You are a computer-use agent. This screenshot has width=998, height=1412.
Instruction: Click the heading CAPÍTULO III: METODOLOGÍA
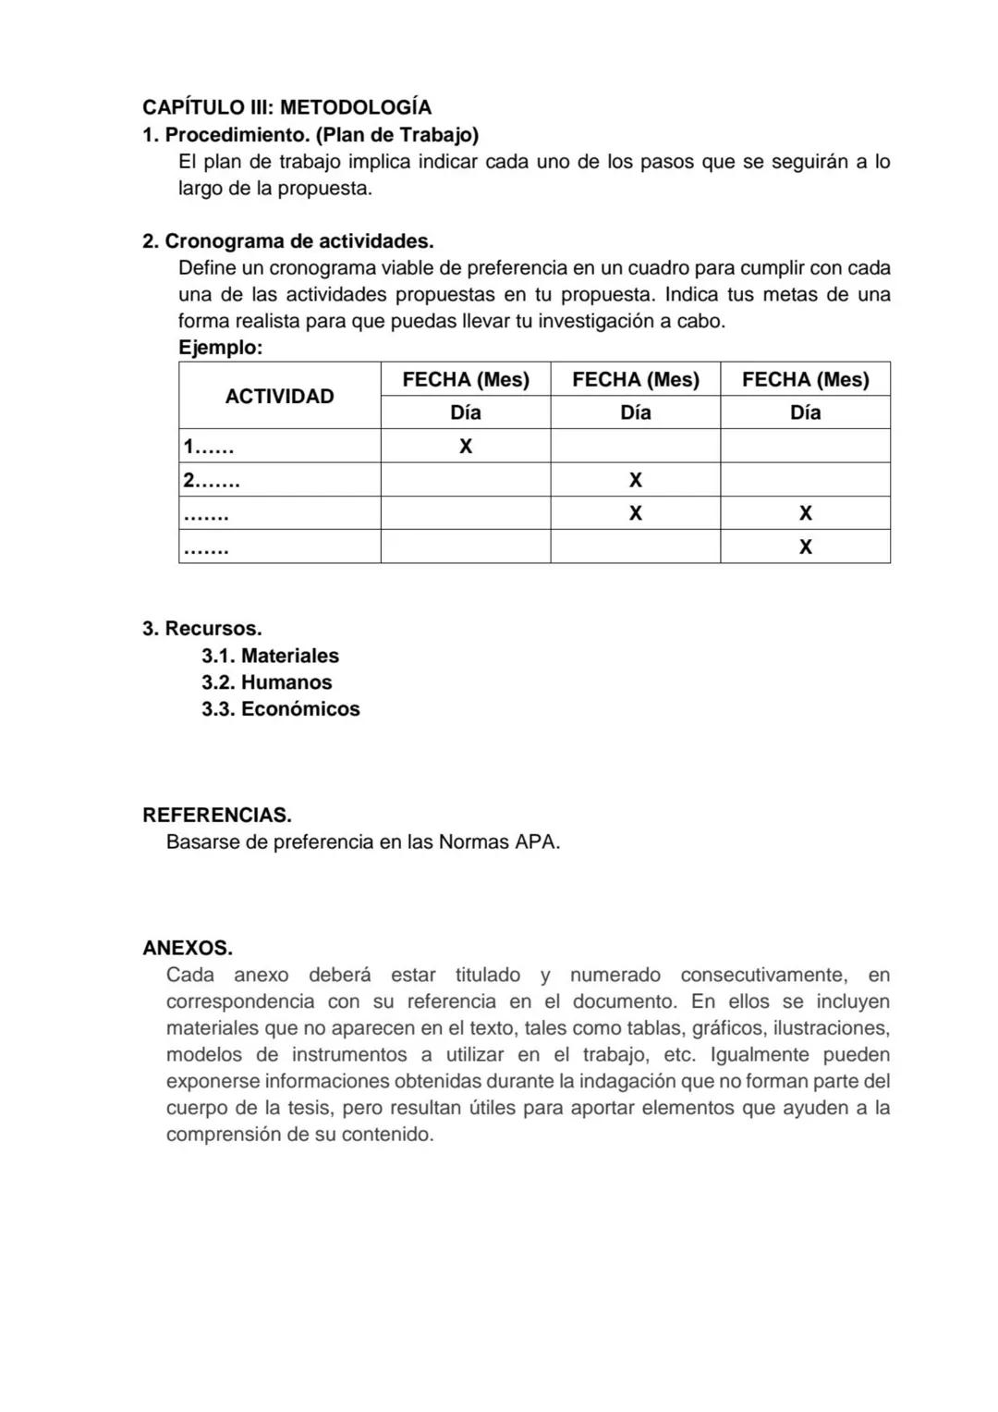[x=286, y=108]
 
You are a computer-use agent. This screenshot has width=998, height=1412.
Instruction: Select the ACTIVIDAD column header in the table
[x=279, y=397]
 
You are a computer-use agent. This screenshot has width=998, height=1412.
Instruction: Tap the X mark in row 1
[x=466, y=447]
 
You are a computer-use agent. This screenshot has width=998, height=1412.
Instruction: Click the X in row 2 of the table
[x=635, y=480]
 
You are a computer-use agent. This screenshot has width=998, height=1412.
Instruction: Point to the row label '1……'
[x=209, y=448]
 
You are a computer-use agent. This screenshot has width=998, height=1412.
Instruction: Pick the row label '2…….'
[x=212, y=481]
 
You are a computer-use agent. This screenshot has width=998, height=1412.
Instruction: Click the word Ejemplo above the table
[x=220, y=349]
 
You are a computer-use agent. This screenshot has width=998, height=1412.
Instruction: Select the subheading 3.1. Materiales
[x=270, y=656]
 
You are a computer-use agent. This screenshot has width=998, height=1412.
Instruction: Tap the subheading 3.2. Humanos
[x=266, y=682]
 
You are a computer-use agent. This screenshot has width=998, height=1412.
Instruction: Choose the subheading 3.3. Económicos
[x=280, y=709]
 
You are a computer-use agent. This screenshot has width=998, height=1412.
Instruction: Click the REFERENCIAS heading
[x=216, y=816]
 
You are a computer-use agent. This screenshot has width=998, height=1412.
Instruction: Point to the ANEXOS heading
[x=187, y=949]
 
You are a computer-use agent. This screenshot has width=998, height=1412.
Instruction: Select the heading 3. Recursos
[x=201, y=629]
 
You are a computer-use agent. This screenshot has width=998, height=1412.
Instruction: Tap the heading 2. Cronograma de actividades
[x=287, y=241]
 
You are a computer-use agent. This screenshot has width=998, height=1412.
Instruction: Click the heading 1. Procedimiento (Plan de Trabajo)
[x=310, y=135]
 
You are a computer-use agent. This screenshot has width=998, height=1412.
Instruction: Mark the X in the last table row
[x=805, y=547]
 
